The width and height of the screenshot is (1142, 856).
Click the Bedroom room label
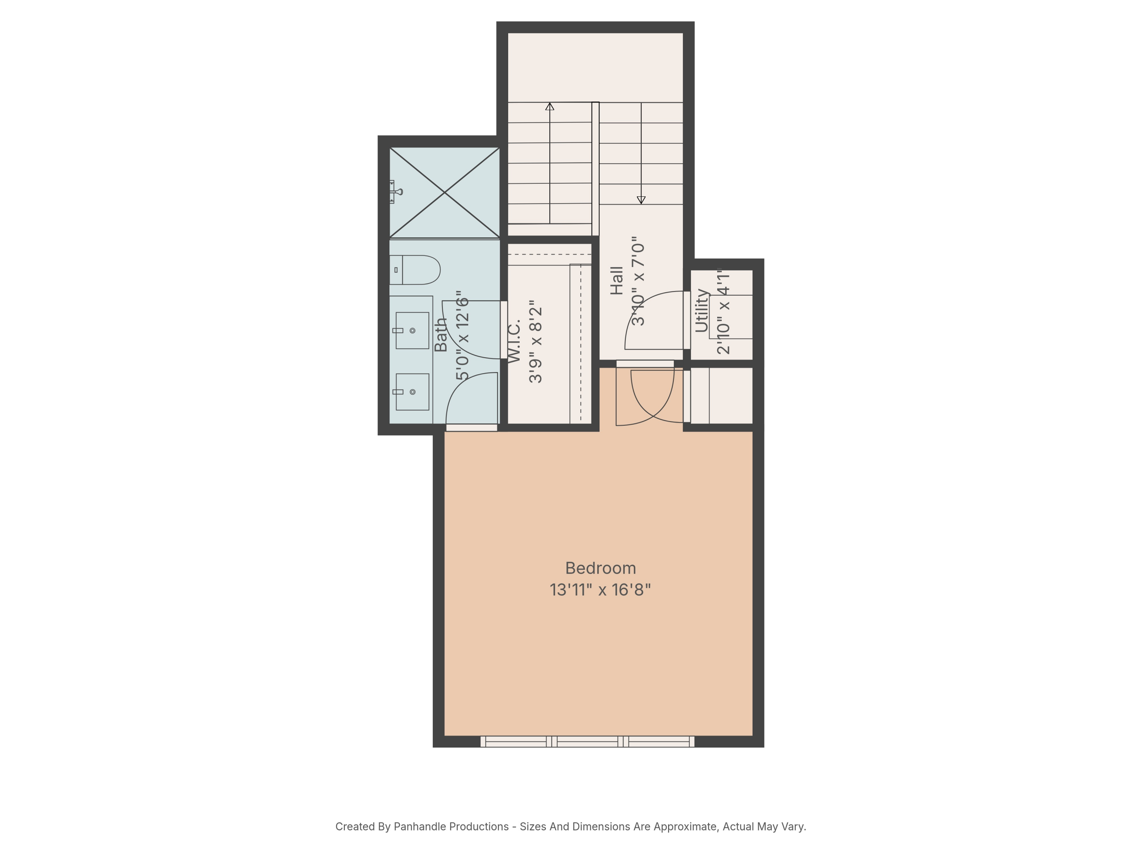click(x=600, y=568)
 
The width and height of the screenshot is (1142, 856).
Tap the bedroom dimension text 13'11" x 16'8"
click(x=600, y=590)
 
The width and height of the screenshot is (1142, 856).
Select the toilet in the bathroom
click(x=415, y=270)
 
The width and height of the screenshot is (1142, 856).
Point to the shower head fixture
click(x=396, y=192)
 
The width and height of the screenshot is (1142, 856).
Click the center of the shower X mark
click(x=445, y=193)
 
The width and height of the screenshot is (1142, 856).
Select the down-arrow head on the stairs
click(x=641, y=200)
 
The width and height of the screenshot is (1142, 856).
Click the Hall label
click(x=617, y=281)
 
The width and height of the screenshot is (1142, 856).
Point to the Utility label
click(x=702, y=310)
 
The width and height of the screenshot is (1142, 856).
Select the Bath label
click(x=440, y=334)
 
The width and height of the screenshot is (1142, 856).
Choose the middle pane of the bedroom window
click(x=587, y=741)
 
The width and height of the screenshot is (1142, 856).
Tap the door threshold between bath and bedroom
click(x=471, y=428)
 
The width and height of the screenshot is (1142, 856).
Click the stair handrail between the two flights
click(x=595, y=169)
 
